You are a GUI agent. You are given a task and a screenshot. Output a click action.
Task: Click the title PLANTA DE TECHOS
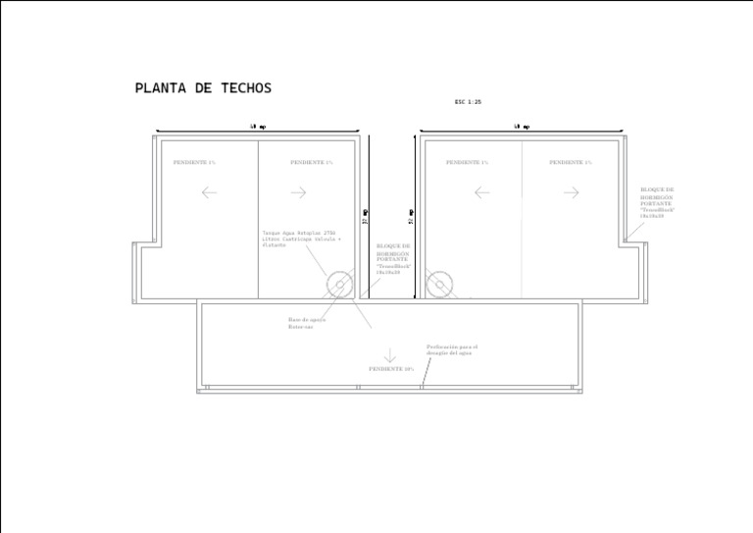click(x=203, y=88)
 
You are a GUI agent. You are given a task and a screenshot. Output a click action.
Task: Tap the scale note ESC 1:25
click(x=468, y=102)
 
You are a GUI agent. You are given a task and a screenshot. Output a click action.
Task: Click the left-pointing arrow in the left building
click(x=209, y=192)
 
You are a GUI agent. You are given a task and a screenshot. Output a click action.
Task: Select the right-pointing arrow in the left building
click(x=299, y=192)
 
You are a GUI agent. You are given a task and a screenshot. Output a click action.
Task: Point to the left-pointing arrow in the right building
click(x=481, y=192)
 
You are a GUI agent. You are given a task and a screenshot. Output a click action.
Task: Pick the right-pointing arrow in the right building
click(x=571, y=192)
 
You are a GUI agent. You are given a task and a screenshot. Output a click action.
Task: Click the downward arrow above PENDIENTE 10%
click(x=389, y=355)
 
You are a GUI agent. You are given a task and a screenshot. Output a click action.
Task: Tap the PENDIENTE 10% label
click(x=390, y=369)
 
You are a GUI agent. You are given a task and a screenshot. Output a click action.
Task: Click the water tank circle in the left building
click(x=340, y=286)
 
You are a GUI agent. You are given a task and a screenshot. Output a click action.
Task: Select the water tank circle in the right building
click(x=438, y=286)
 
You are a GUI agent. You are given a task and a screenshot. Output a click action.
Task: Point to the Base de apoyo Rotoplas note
click(x=307, y=323)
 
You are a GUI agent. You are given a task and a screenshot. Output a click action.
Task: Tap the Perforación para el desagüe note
click(x=451, y=349)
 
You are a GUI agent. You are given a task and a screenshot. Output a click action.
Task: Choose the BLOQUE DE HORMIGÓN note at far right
click(x=657, y=202)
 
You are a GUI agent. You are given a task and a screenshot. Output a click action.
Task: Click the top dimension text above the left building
click(x=258, y=127)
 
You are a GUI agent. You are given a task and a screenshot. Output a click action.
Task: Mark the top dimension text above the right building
click(x=522, y=127)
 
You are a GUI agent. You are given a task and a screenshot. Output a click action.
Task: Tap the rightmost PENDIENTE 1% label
click(x=571, y=162)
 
